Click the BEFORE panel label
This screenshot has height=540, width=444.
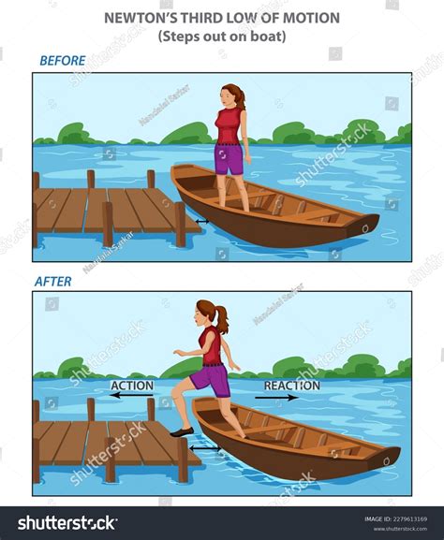pos(63,61)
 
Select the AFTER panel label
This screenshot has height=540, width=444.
pos(52,280)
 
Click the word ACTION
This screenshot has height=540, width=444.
pos(132,385)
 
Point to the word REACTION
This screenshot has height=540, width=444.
pos(291,385)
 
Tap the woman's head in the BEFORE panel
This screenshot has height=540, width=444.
pos(231,95)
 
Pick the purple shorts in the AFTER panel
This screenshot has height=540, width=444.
pos(211,381)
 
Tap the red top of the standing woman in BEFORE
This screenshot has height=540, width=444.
pos(229,125)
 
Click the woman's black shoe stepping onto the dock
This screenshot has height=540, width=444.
pos(183,431)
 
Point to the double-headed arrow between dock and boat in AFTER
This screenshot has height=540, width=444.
pos(206,448)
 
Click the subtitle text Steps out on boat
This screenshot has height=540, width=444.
pos(222,36)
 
